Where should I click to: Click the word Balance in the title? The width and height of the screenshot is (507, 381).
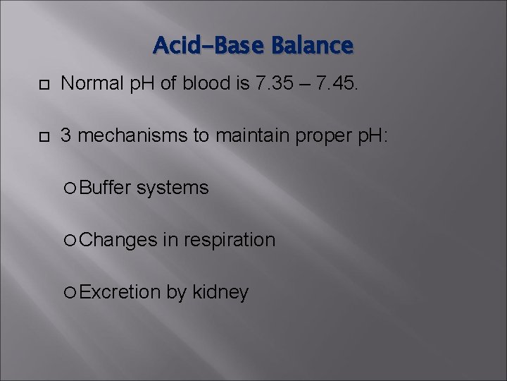point(312,46)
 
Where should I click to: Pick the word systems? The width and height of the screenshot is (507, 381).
point(173,188)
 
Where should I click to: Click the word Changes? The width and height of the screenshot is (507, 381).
point(118,240)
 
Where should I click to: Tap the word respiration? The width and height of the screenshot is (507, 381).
point(229,241)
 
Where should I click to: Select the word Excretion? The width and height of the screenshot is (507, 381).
point(120,291)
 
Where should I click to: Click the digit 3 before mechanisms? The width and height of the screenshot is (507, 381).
point(66,136)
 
